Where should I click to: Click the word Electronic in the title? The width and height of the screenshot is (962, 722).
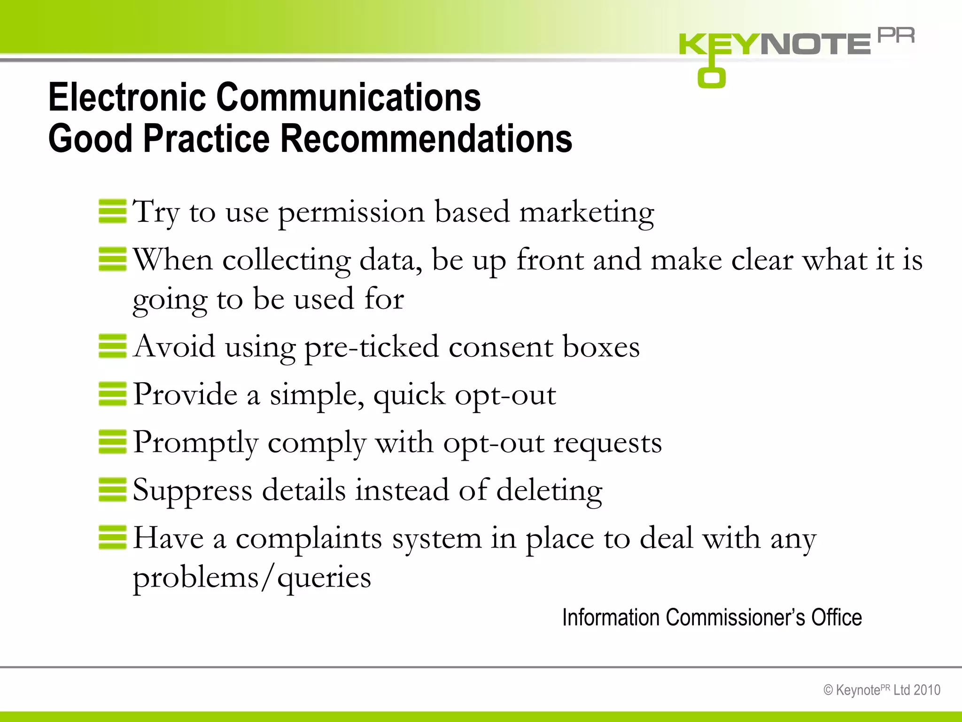[x=127, y=97]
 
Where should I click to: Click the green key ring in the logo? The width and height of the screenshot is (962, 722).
[x=711, y=78]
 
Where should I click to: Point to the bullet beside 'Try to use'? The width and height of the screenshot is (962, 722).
[x=113, y=211]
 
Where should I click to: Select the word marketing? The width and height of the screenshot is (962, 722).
[x=587, y=212]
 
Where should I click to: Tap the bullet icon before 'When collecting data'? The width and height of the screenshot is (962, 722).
[x=113, y=259]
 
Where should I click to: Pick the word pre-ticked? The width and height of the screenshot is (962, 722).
[x=372, y=347]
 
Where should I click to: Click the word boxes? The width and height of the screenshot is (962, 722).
[x=601, y=347]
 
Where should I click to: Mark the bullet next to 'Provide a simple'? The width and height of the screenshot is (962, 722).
[x=113, y=394]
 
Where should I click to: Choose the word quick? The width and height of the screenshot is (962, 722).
[x=409, y=395]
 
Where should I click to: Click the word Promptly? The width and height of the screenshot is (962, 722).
[x=195, y=443]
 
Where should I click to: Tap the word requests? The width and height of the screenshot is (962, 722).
[x=607, y=443]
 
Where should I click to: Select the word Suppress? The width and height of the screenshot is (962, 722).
[x=193, y=491]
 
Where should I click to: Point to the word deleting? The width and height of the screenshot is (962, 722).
[x=549, y=491]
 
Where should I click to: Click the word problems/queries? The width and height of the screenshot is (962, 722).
[x=252, y=578]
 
